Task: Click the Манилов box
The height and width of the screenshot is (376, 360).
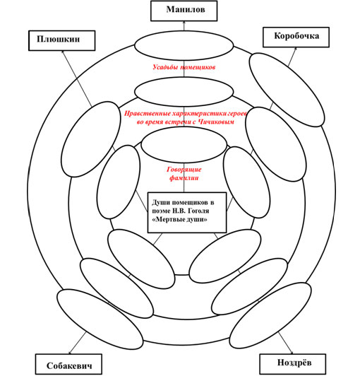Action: [x=184, y=11]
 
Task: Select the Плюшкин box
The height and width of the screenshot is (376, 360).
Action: [x=62, y=40]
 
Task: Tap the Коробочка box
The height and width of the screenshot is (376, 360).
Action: [x=296, y=37]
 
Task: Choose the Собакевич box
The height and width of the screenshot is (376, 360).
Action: [x=68, y=364]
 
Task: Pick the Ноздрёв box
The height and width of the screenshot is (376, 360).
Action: [x=293, y=364]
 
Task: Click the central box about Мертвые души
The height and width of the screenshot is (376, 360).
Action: [x=187, y=213]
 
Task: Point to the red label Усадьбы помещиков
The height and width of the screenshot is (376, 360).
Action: [x=184, y=67]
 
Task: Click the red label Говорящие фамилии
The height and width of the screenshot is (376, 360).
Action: [x=184, y=174]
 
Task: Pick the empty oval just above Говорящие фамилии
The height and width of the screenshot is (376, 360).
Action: [x=184, y=145]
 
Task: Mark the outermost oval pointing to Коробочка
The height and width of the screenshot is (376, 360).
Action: [x=287, y=90]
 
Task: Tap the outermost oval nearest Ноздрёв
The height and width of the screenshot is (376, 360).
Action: [x=270, y=315]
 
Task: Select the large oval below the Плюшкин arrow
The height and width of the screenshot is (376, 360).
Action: [x=91, y=139]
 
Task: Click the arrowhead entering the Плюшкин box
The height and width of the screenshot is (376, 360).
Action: [x=63, y=52]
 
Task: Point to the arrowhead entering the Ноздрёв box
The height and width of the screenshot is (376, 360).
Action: [x=292, y=352]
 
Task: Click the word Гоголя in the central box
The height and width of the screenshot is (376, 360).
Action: [x=198, y=211]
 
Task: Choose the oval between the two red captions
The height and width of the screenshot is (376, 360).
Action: [x=184, y=91]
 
